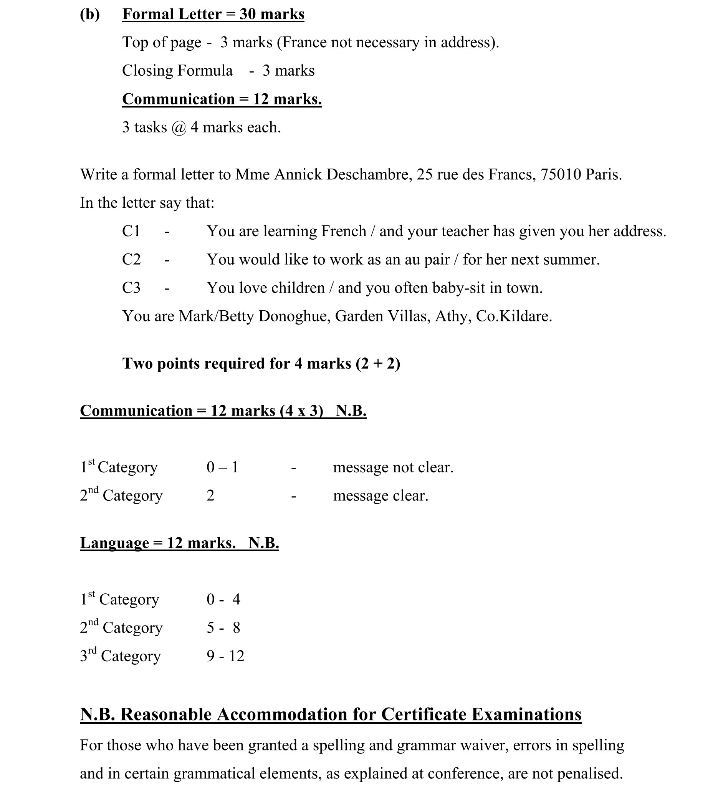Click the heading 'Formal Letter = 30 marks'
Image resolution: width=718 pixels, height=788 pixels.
point(213,15)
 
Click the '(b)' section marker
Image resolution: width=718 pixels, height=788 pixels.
point(89,15)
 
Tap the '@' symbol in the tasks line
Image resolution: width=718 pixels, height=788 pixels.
point(179,128)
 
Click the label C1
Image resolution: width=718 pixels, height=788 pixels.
point(131,231)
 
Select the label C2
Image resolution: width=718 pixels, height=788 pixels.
point(131,260)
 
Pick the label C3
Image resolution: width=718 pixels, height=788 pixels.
point(131,288)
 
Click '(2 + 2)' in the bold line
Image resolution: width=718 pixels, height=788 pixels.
point(378,364)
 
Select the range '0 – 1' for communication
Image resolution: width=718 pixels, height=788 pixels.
point(222,467)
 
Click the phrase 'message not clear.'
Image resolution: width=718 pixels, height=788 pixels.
point(393,467)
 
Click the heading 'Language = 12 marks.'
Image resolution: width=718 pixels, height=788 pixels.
point(158,543)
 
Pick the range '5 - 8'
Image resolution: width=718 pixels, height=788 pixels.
point(223,628)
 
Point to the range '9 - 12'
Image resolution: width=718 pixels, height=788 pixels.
point(225,656)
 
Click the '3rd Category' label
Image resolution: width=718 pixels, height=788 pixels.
point(121,656)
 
